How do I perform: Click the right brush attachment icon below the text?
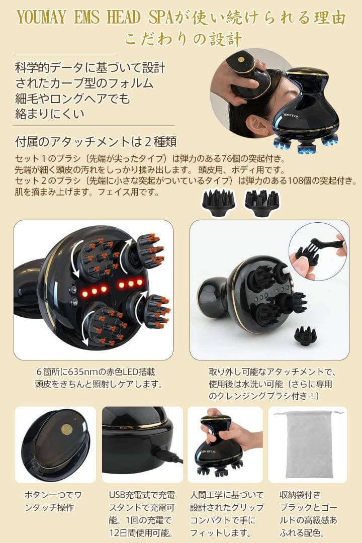(261, 203)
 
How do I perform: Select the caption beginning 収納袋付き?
(308, 513)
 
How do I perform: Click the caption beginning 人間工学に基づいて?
(224, 513)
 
